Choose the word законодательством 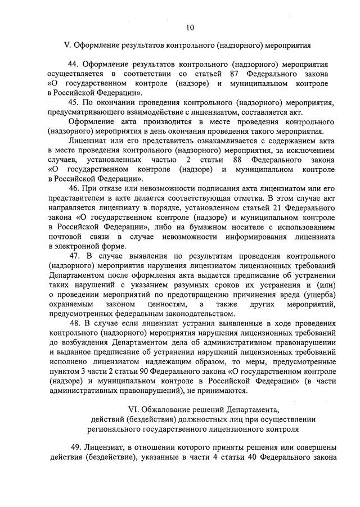pos(186,313)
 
